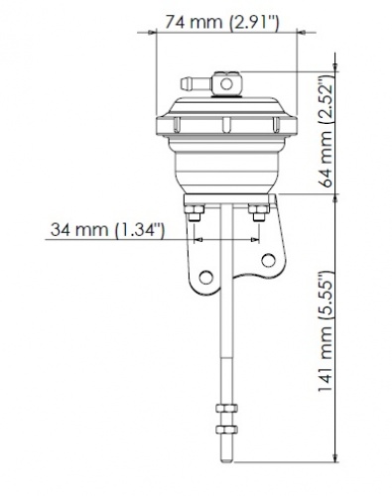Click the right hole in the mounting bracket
click(x=265, y=261)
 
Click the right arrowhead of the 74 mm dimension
click(x=298, y=32)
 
